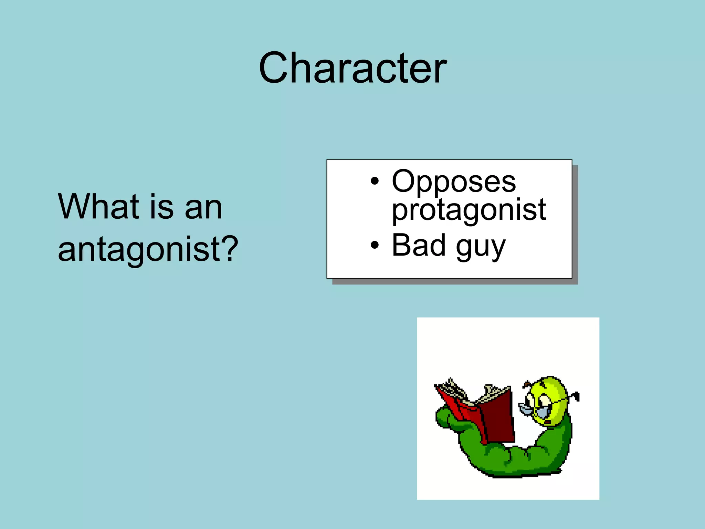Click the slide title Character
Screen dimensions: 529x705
click(x=352, y=68)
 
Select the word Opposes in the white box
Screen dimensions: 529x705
click(x=454, y=181)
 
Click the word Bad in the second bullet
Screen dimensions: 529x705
click(x=419, y=245)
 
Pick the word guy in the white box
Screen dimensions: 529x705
click(x=481, y=247)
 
